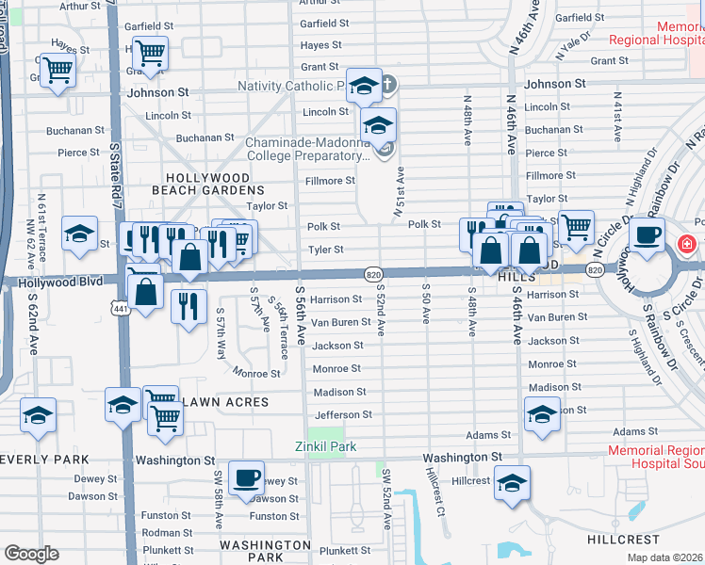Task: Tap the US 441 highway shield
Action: (x=120, y=308)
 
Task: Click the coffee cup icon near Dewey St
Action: (x=247, y=478)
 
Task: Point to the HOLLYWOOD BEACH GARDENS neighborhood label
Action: (x=208, y=184)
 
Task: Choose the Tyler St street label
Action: (x=325, y=250)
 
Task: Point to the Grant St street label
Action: (x=320, y=67)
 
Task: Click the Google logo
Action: (x=31, y=554)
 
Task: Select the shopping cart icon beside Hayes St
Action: (x=149, y=53)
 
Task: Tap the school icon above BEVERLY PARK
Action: (x=38, y=414)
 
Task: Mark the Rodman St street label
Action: (x=167, y=533)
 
